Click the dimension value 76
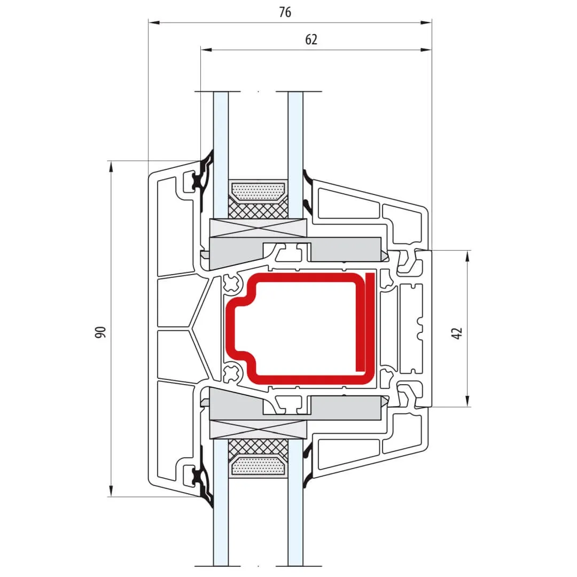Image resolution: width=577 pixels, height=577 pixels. pos(285,12)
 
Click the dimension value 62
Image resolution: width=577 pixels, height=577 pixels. pos(311,40)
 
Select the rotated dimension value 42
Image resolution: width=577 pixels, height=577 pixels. pos(457,333)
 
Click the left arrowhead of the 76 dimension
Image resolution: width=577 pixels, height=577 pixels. pos(154,23)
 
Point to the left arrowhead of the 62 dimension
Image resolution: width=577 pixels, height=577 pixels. pos(207,50)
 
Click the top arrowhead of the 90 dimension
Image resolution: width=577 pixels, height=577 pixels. pos(111,167)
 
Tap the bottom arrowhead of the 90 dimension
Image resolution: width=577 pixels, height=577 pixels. pos(111,490)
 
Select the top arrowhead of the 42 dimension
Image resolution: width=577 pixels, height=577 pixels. pos(467,257)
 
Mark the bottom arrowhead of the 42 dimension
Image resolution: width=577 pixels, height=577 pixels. pos(467,401)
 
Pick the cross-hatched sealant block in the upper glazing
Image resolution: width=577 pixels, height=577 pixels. pos(258,209)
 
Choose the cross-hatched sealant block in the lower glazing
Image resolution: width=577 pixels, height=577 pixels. pos(258,449)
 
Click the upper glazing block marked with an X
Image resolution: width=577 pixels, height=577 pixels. pos(258,228)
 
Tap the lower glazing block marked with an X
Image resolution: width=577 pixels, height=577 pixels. pos(258,430)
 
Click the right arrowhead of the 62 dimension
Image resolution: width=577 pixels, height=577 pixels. pos(426,50)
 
